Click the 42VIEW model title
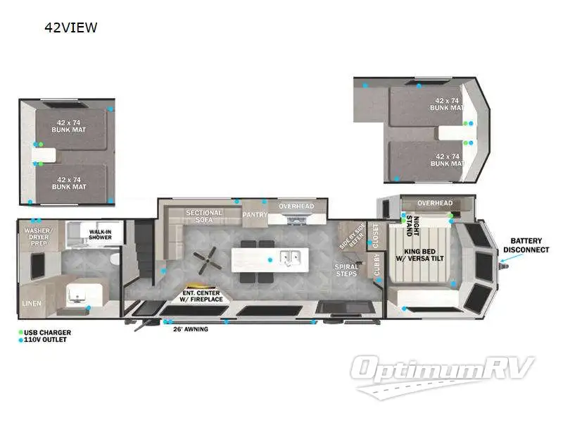pyautogui.click(x=70, y=28)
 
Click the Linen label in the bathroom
pyautogui.click(x=32, y=303)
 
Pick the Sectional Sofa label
pyautogui.click(x=204, y=216)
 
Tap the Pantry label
pyautogui.click(x=254, y=214)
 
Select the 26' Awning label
pyautogui.click(x=190, y=329)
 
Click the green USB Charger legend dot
pyautogui.click(x=22, y=333)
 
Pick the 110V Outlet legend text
pyautogui.click(x=48, y=340)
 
